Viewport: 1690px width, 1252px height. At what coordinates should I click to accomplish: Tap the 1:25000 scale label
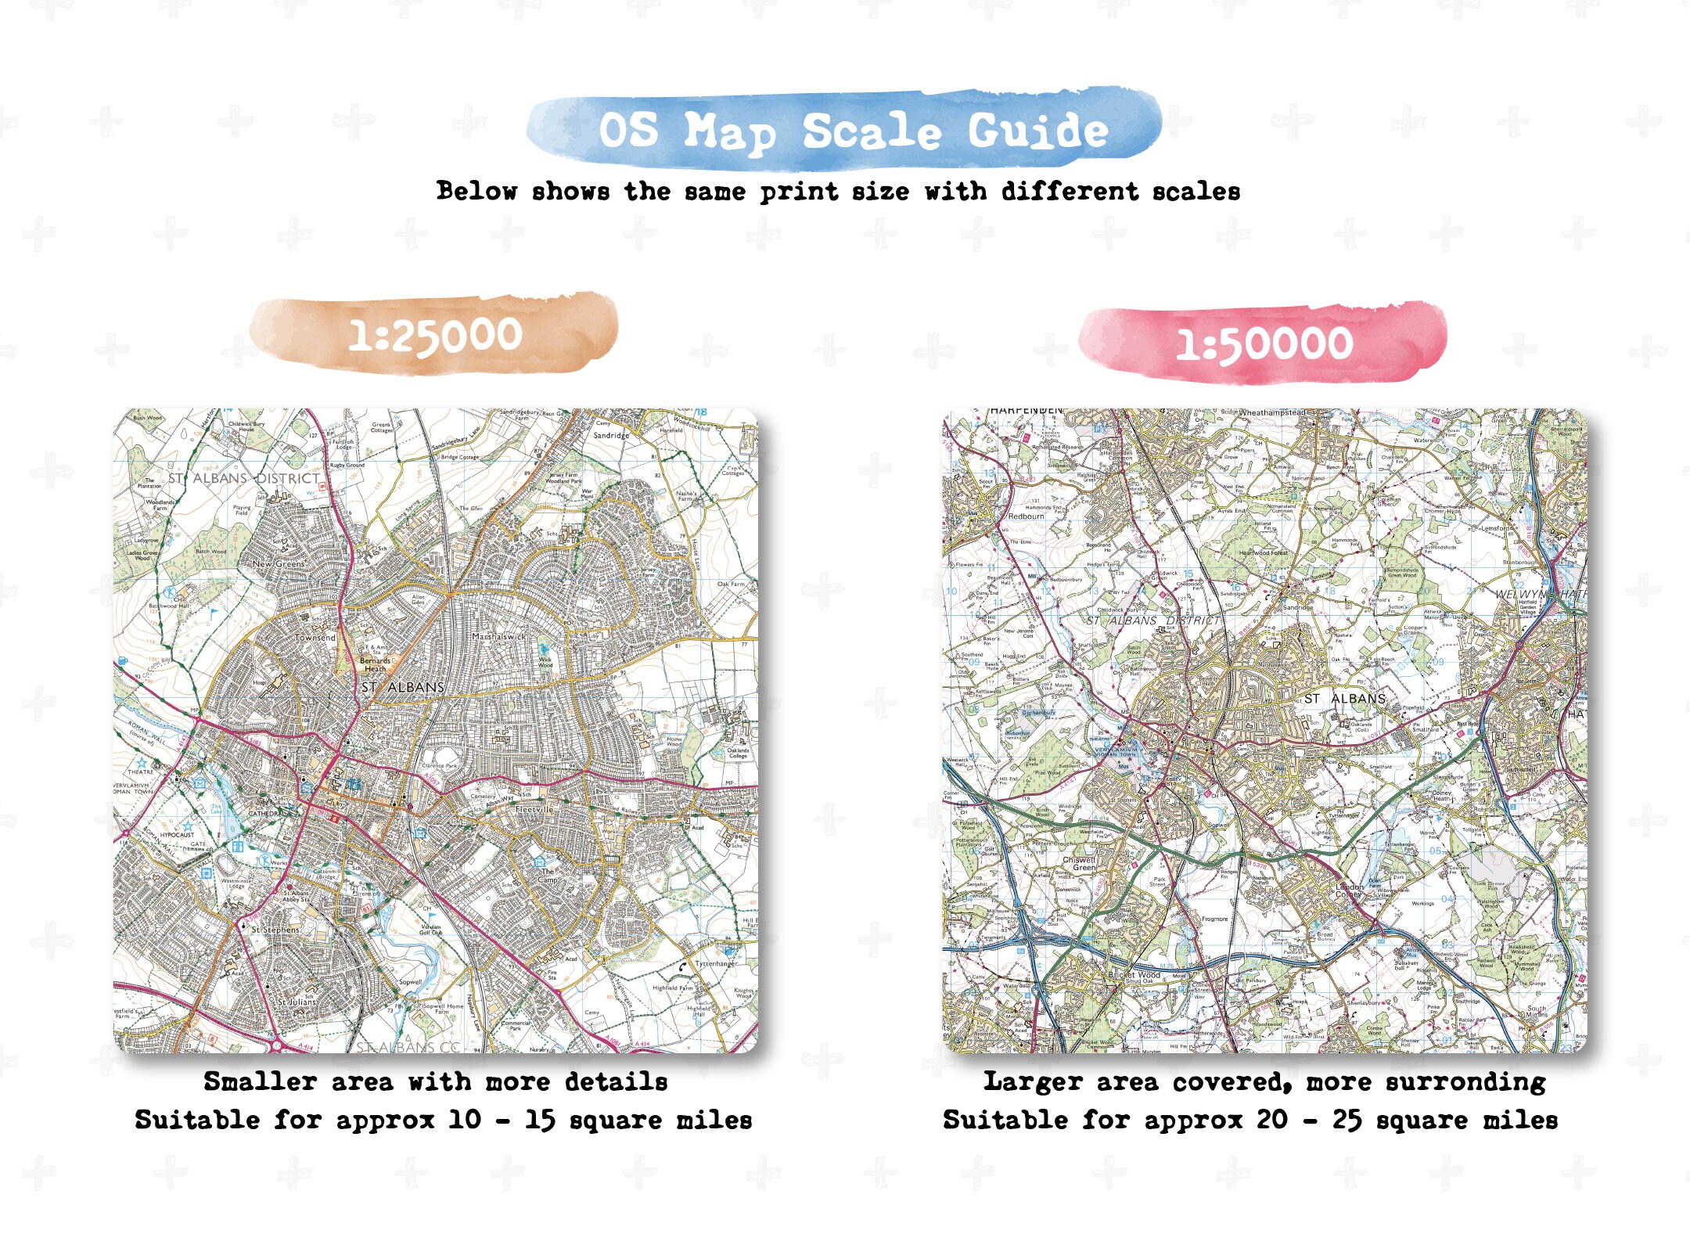(435, 336)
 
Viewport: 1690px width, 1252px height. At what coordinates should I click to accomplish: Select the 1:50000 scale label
(1264, 344)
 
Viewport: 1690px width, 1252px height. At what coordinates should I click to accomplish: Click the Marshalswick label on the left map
(499, 637)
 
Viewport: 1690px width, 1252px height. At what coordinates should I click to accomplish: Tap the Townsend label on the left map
(315, 638)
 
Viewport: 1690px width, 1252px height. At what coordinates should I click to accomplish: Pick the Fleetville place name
(534, 810)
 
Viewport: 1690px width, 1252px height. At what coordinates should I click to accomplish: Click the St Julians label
(297, 1002)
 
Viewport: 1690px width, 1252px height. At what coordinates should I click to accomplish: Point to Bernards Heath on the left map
(375, 664)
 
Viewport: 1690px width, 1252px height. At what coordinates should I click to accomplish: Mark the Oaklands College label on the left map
(738, 754)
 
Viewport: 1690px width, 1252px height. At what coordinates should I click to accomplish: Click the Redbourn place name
(1026, 516)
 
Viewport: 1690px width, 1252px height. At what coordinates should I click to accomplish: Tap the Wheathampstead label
(1272, 412)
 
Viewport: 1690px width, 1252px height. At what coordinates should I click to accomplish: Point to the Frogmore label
(1214, 919)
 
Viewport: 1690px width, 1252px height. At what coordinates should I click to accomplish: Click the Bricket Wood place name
(1134, 975)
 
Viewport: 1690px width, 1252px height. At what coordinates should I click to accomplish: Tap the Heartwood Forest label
(1263, 553)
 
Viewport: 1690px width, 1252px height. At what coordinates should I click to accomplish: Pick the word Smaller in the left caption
(260, 1082)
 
